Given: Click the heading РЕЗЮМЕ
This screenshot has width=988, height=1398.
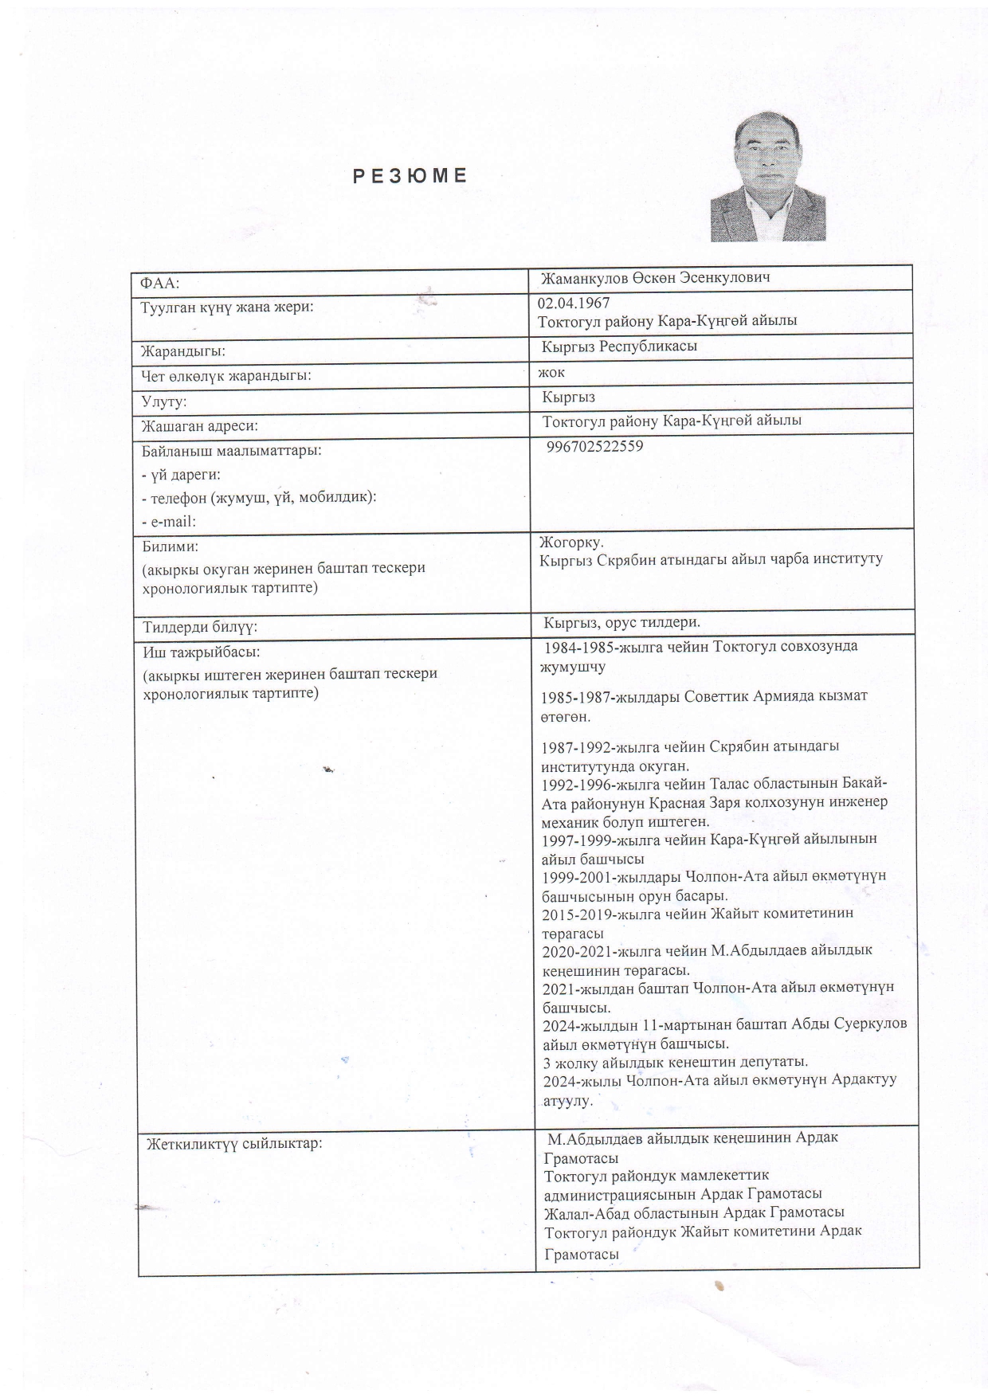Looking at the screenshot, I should point(410,176).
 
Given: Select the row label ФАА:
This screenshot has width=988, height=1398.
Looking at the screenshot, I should point(160,282).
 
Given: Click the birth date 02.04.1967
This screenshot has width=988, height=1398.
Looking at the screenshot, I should point(574,303).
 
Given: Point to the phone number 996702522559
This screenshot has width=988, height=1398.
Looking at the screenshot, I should point(595,446).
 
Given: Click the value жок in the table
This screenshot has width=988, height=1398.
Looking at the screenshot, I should point(551,371).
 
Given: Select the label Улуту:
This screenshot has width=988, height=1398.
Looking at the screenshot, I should point(163,402).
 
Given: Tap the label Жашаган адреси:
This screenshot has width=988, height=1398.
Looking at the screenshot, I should point(199,427).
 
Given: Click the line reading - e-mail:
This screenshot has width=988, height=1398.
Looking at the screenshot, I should point(169,522).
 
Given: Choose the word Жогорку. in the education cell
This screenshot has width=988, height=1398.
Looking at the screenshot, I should point(571,542).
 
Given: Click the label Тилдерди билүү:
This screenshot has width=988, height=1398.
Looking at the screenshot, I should point(199,627).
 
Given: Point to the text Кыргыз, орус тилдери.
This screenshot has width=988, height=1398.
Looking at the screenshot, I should point(621,622).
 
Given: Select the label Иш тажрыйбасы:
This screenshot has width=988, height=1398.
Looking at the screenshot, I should point(201,652).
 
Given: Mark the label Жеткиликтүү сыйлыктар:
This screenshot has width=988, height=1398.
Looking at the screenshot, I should point(233,1144).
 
